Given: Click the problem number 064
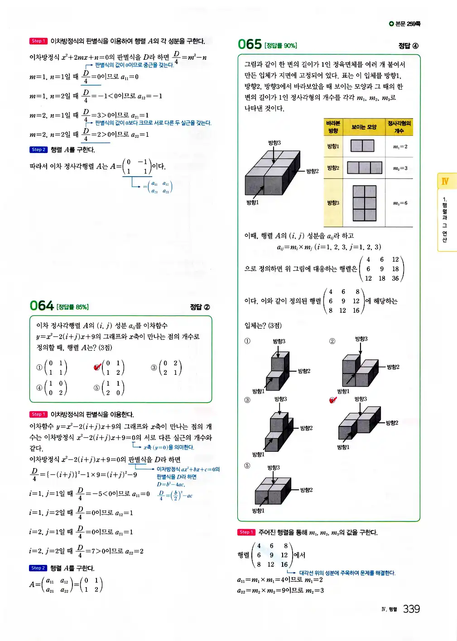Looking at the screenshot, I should [42, 306].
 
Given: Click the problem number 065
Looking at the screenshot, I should [250, 44].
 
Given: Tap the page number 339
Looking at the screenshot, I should [411, 609].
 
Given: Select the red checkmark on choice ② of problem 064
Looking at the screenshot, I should [97, 367].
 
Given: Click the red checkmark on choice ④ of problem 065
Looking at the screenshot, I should [333, 400].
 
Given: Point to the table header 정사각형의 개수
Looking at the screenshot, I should [399, 127].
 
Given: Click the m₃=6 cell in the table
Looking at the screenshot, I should [400, 203].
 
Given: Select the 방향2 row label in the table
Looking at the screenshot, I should [333, 168].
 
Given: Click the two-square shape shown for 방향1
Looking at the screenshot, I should [362, 146].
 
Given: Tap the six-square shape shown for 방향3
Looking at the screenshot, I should [365, 203].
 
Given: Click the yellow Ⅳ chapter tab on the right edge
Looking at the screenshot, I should [446, 182].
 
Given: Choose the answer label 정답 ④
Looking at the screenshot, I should [408, 46].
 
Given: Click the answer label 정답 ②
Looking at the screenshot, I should [200, 307].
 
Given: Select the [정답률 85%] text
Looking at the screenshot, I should [72, 307].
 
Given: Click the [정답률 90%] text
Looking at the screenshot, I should [281, 46].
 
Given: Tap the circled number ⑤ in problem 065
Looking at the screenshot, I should [247, 466].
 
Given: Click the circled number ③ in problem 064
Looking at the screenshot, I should [154, 368].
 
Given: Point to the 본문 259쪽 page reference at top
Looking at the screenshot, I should [404, 24].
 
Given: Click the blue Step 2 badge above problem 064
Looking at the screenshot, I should [38, 150].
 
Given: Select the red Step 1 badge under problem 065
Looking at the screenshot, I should [246, 532].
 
